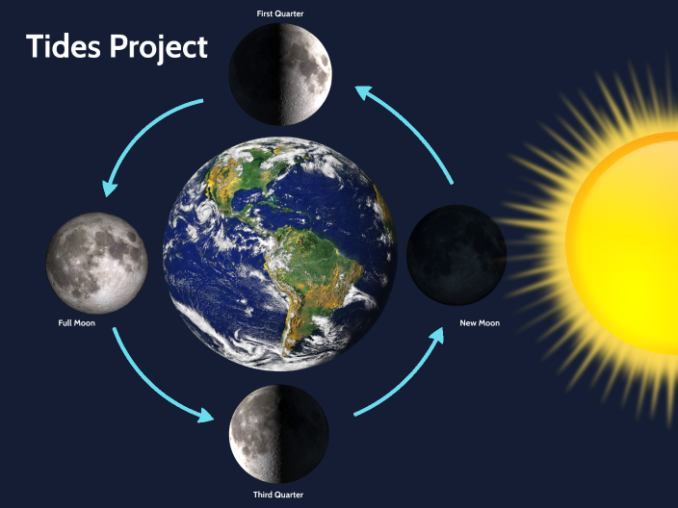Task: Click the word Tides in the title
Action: [63, 46]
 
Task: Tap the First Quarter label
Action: [280, 14]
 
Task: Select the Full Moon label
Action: [76, 322]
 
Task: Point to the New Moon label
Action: [480, 322]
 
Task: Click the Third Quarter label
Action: [279, 494]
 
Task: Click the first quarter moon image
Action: [280, 74]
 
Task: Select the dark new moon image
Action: [456, 253]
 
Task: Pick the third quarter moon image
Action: [279, 433]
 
